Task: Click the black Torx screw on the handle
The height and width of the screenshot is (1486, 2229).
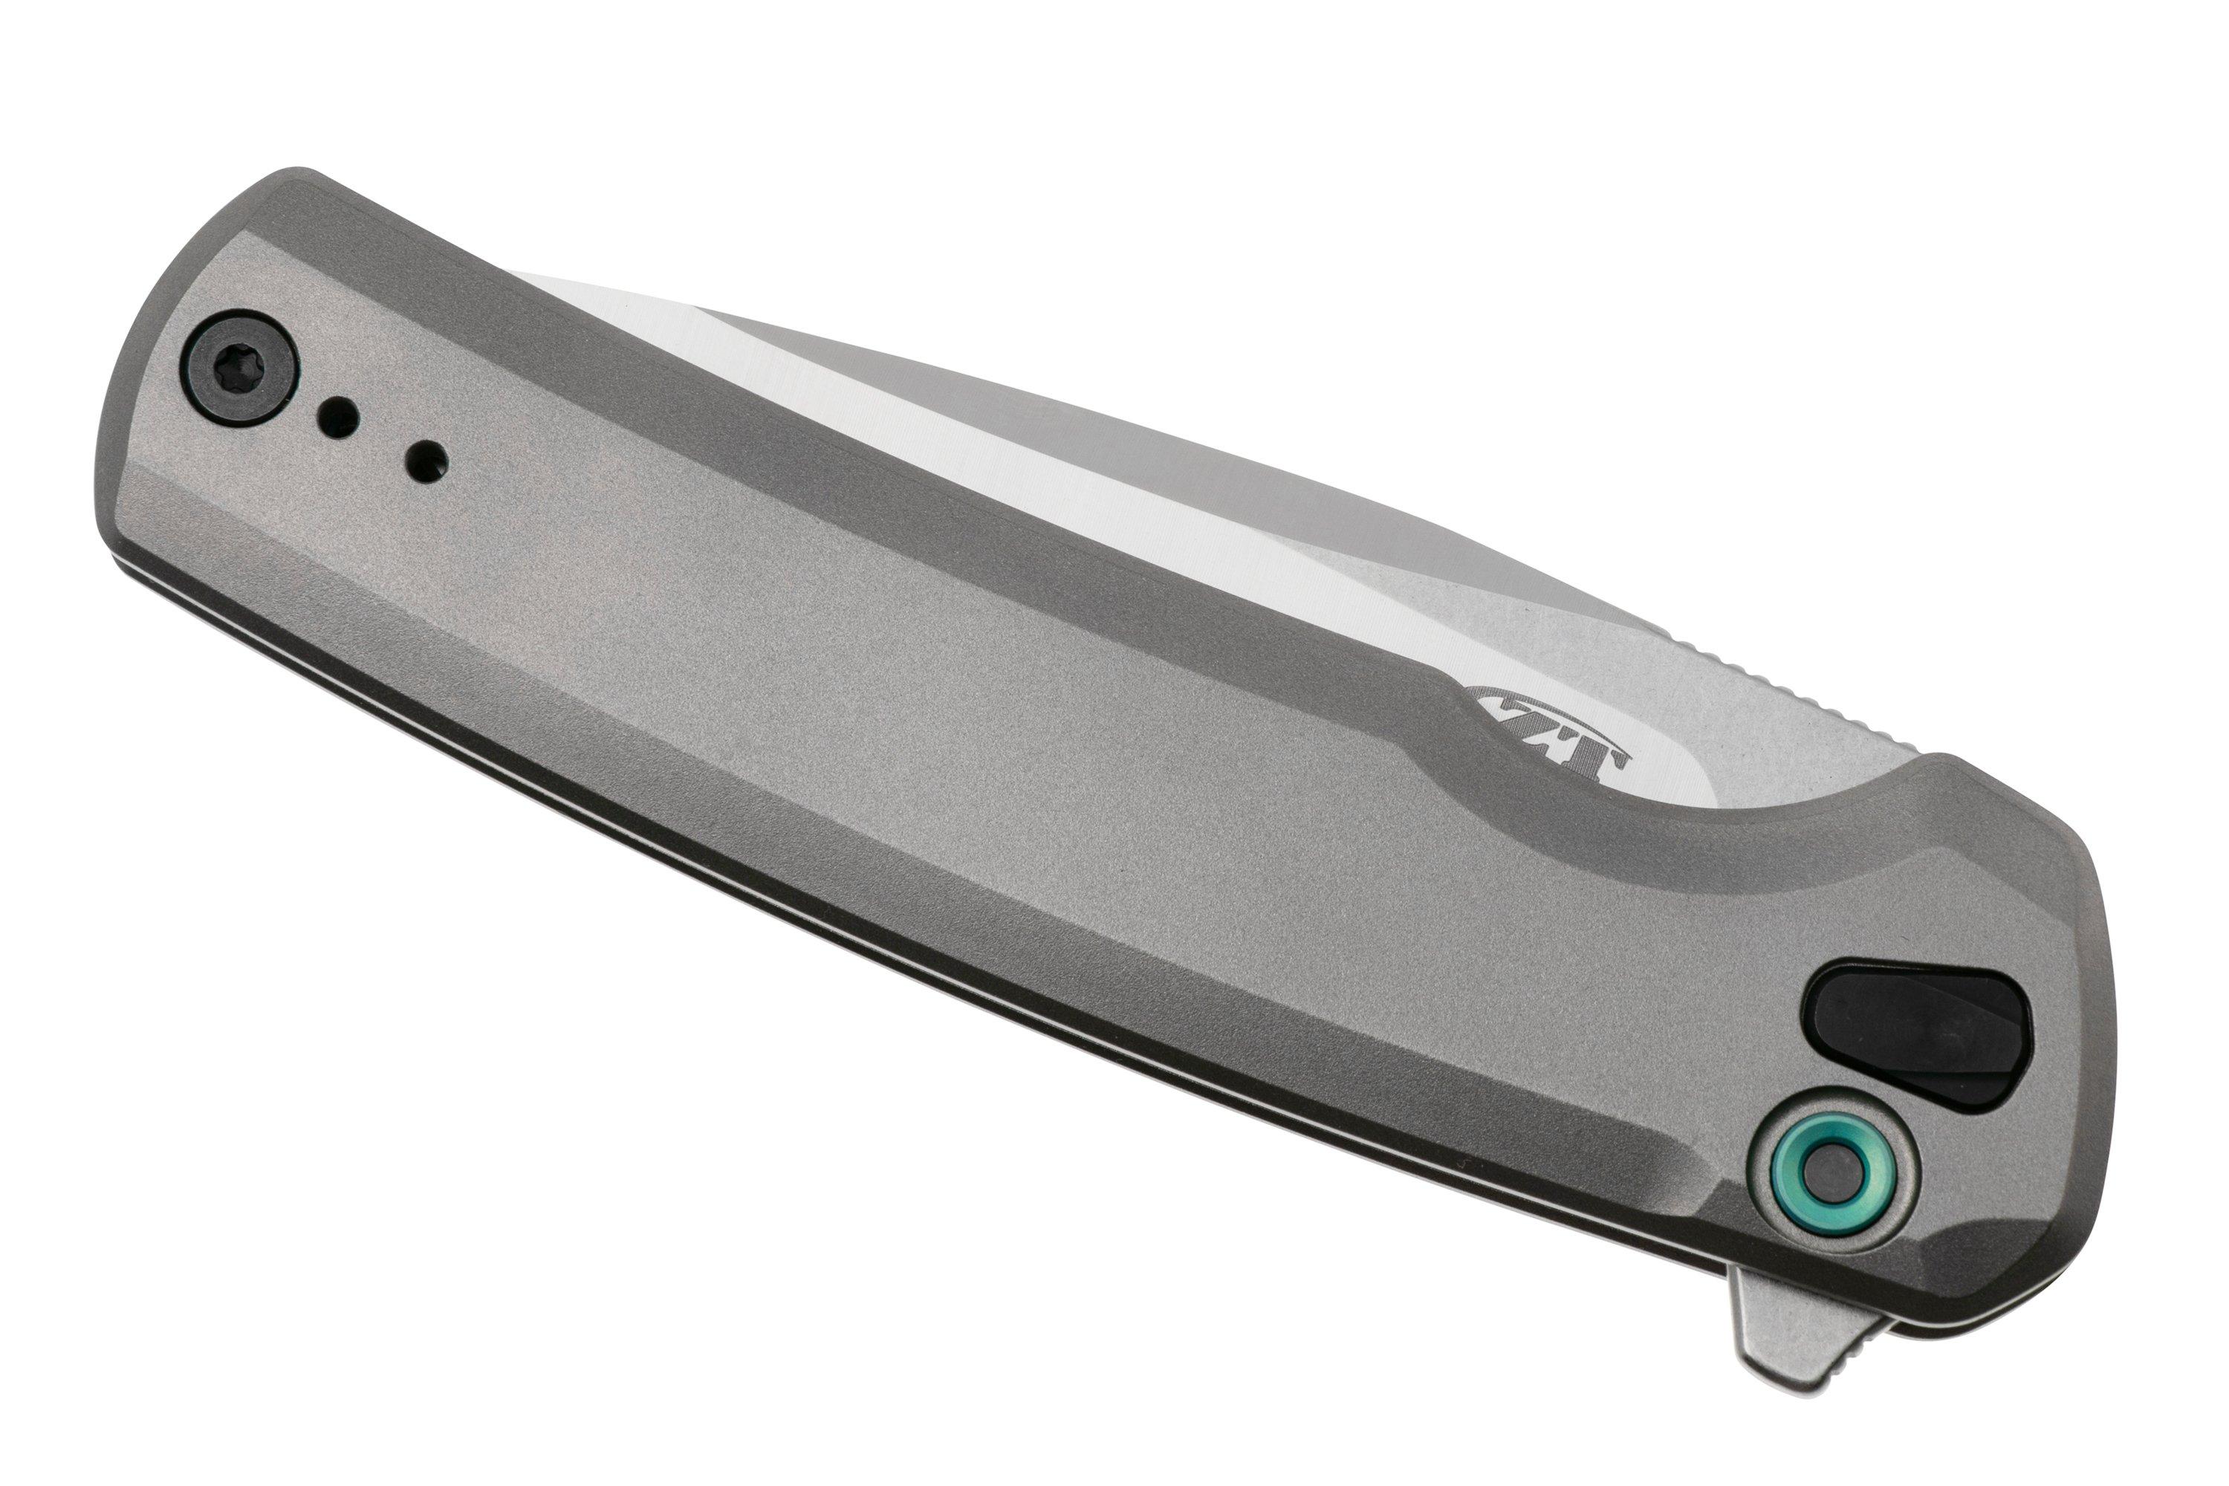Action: (239, 368)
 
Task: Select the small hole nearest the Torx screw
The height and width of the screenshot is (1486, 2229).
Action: (337, 417)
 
